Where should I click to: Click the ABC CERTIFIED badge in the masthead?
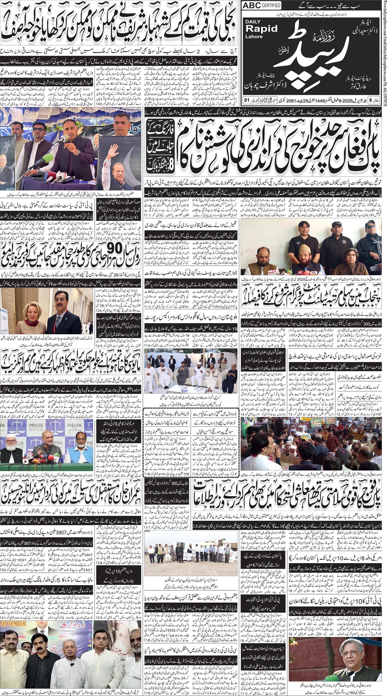262,6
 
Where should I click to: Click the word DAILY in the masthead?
254,21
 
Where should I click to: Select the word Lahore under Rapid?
254,36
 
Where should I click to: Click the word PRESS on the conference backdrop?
36,425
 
